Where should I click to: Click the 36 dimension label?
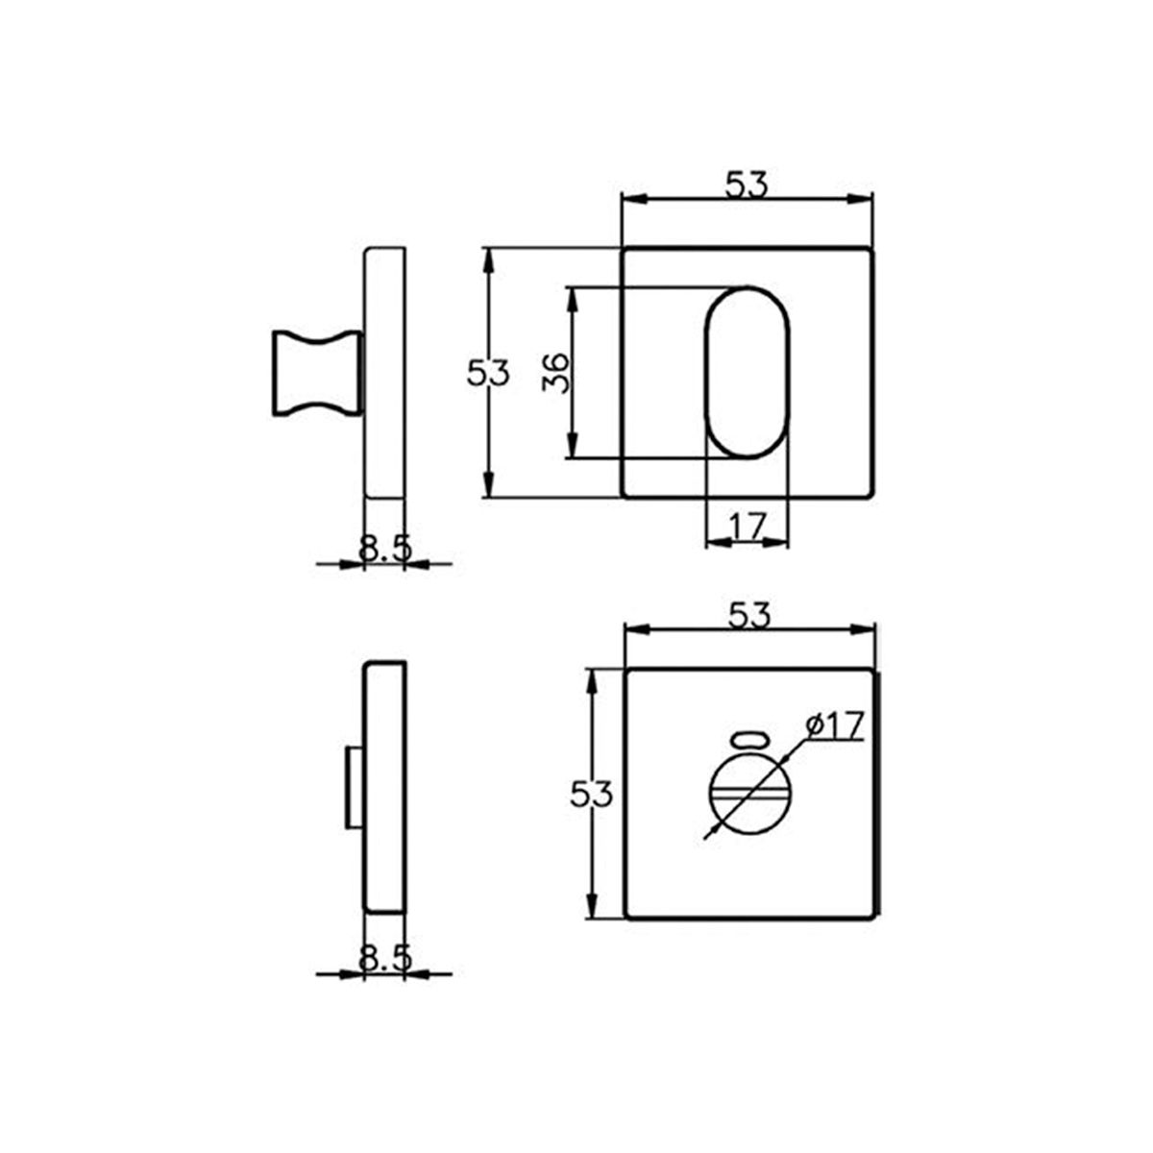tap(555, 372)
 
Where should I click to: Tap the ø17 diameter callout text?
tap(835, 725)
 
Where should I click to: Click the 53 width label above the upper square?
tap(747, 184)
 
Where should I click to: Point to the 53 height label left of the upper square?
tap(488, 373)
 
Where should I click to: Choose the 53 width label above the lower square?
tap(749, 615)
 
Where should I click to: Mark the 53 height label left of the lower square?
tap(591, 795)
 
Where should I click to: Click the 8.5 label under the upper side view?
tap(385, 548)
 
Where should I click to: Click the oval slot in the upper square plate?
tap(747, 372)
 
